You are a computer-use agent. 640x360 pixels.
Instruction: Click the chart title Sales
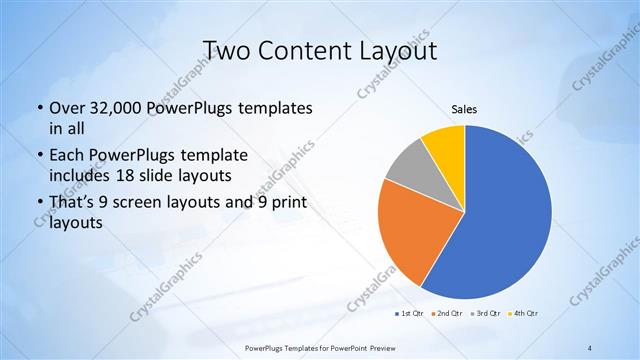point(463,108)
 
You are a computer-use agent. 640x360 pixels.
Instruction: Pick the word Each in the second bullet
point(67,155)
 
